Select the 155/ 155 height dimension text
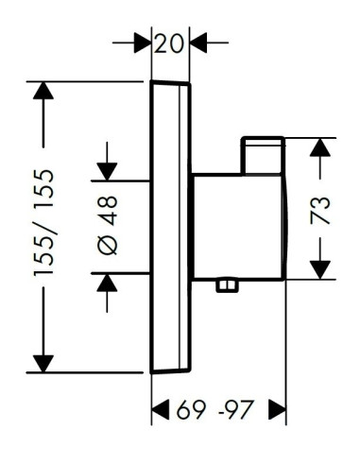pos(43,223)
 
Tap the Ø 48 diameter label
pos(107,225)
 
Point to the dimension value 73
pos(320,211)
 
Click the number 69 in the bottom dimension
pos(192,409)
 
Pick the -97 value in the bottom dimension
pos(236,409)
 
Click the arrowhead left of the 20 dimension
pos(143,43)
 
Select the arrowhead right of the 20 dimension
pos(198,43)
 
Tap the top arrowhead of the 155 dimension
pos(43,91)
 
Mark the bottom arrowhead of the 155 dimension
pos(43,364)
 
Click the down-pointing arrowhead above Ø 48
pos(107,172)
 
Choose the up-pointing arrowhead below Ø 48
pos(107,283)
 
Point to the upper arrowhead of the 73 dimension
pos(320,147)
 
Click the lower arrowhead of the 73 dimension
pos(320,270)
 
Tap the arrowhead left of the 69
pos(161,409)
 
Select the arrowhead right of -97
pos(278,409)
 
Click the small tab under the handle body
pos(228,285)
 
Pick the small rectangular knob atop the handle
pos(263,155)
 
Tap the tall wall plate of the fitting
pos(170,227)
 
